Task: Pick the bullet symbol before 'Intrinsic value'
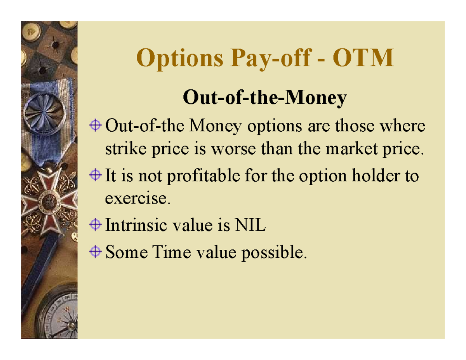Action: pyautogui.click(x=96, y=226)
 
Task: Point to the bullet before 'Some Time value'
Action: pyautogui.click(x=96, y=252)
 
